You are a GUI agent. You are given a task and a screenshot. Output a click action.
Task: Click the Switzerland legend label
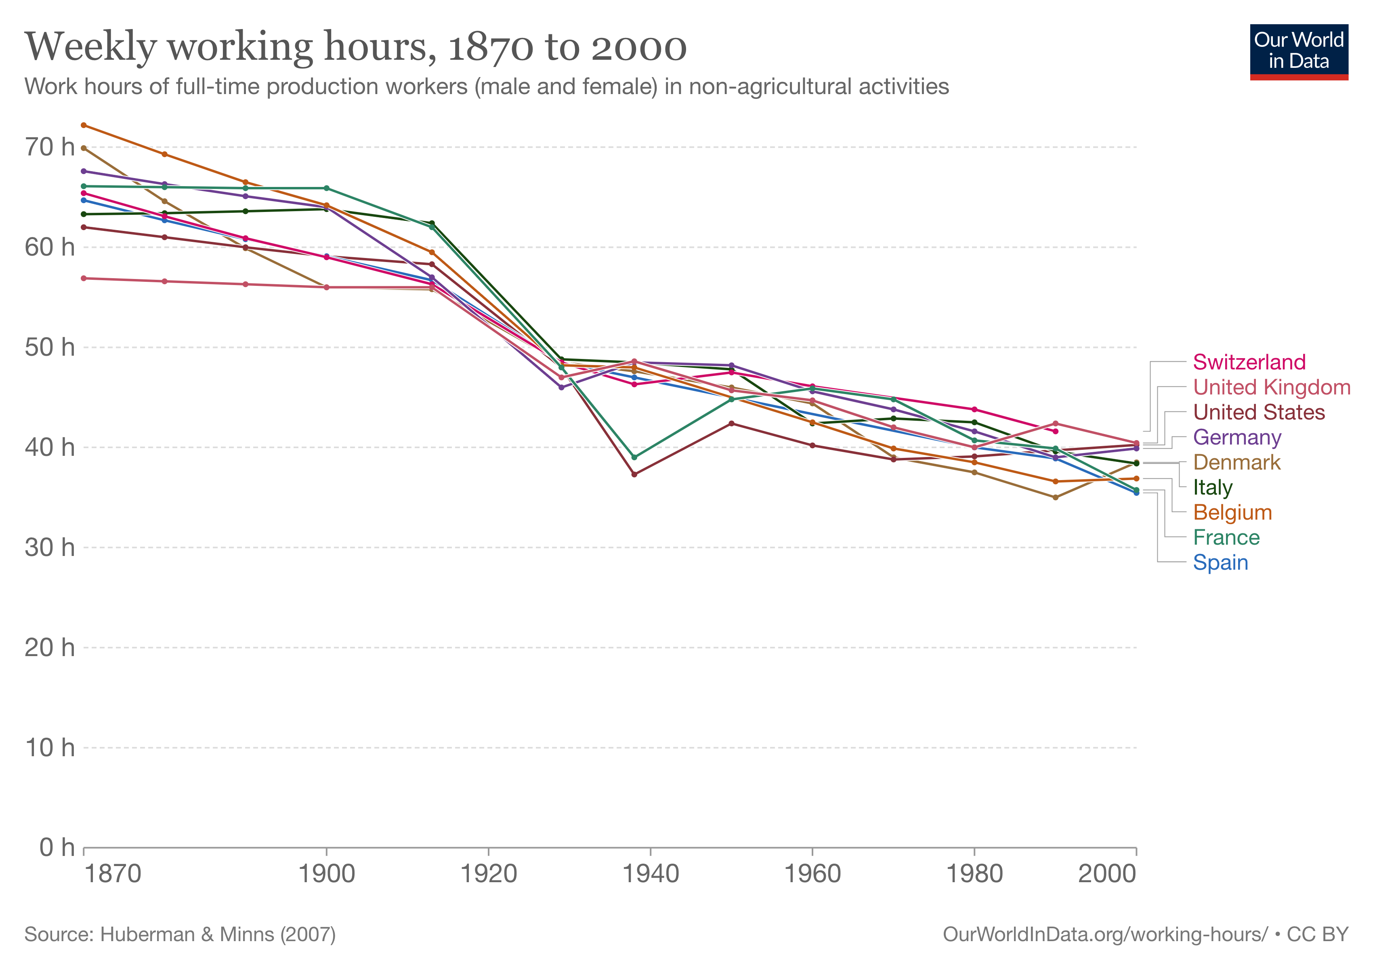pyautogui.click(x=1249, y=362)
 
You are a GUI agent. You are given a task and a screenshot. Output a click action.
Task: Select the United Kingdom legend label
pyautogui.click(x=1271, y=387)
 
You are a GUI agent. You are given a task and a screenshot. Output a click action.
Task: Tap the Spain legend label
pyautogui.click(x=1220, y=562)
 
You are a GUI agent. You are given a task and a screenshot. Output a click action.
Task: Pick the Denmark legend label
pyautogui.click(x=1236, y=463)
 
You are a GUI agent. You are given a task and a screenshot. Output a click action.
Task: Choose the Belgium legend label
pyautogui.click(x=1232, y=513)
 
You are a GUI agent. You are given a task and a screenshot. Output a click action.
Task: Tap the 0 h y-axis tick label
pyautogui.click(x=57, y=847)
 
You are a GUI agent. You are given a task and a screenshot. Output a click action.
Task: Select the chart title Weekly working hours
pyautogui.click(x=355, y=46)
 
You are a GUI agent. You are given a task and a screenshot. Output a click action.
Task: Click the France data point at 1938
pyautogui.click(x=634, y=457)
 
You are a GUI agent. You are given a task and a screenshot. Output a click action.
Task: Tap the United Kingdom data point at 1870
pyautogui.click(x=84, y=279)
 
